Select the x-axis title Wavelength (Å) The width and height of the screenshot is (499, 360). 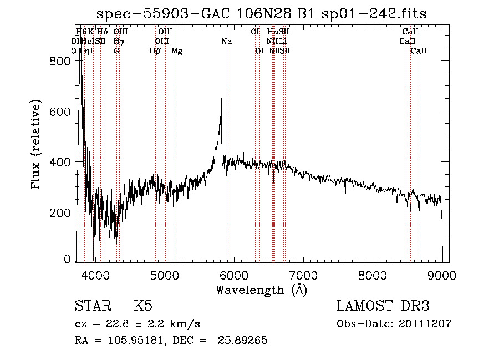(x=261, y=290)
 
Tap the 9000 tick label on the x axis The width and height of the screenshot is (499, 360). (x=442, y=275)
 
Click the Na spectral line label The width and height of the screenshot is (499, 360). (x=226, y=41)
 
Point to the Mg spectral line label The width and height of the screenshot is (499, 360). (x=177, y=51)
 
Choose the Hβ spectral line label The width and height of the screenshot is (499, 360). (x=155, y=51)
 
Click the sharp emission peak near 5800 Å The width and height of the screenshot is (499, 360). (x=222, y=100)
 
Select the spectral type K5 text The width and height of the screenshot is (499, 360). (x=143, y=306)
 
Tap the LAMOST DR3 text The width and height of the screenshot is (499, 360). (x=383, y=306)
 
